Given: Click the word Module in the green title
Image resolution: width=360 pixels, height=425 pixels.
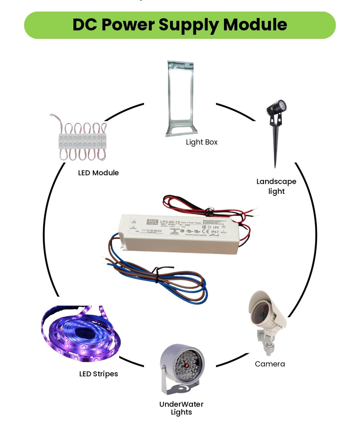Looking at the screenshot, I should [x=255, y=25].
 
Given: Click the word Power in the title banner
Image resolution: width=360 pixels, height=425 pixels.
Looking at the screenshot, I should [x=128, y=25].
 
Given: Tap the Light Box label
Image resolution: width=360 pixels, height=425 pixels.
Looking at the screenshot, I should [x=201, y=142].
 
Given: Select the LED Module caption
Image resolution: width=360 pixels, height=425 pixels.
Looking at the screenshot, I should [x=98, y=173].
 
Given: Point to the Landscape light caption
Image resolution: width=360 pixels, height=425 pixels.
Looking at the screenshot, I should [x=276, y=186].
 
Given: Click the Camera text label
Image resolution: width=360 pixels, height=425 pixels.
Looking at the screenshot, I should [x=270, y=364].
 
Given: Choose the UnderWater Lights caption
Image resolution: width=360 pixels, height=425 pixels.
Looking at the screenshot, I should [x=181, y=408].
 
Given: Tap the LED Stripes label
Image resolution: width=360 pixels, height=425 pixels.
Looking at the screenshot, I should [x=98, y=374].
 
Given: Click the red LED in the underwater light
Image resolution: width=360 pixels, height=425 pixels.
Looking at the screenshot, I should [x=187, y=366].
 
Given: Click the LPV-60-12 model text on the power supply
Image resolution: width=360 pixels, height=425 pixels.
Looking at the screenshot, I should [x=170, y=222].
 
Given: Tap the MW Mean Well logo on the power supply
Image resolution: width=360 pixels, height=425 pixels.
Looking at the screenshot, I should [x=152, y=222].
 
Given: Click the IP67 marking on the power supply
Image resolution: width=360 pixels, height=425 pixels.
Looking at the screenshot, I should [x=215, y=232].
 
